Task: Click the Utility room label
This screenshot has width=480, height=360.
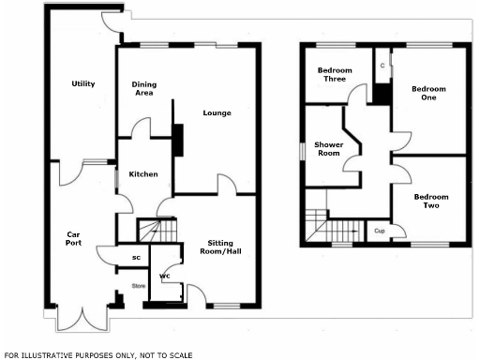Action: pyautogui.click(x=83, y=84)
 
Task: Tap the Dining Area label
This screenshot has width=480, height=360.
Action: pyautogui.click(x=143, y=88)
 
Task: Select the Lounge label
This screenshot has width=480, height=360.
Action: pyautogui.click(x=217, y=113)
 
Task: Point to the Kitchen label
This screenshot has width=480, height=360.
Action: pyautogui.click(x=143, y=174)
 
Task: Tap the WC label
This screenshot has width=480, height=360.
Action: pyautogui.click(x=165, y=277)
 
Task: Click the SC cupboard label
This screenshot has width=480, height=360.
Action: pyautogui.click(x=136, y=257)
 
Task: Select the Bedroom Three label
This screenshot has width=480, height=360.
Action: pyautogui.click(x=333, y=75)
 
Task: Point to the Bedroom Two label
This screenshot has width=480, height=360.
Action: pyautogui.click(x=431, y=201)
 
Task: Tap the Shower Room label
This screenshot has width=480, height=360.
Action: pyautogui.click(x=329, y=148)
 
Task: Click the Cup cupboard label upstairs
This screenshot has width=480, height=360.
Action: pyautogui.click(x=380, y=230)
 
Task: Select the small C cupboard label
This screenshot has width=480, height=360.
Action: pyautogui.click(x=382, y=66)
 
